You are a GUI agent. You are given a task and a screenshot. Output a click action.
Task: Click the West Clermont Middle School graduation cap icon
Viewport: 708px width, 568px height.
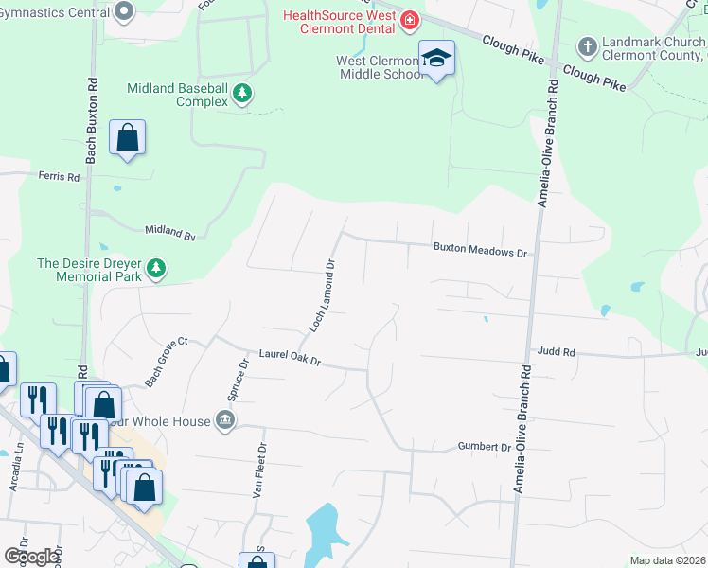click(x=436, y=58)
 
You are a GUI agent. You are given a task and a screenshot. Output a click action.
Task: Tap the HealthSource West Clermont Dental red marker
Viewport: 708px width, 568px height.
click(x=410, y=20)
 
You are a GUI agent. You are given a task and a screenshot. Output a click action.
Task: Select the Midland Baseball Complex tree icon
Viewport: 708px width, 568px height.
click(x=243, y=93)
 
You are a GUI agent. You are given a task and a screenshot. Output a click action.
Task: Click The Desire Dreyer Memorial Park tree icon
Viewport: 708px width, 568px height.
click(x=156, y=270)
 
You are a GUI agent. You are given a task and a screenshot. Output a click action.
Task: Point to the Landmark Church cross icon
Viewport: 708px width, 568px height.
click(x=587, y=45)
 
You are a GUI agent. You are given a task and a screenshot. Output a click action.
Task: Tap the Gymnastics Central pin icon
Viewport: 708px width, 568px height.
click(x=124, y=12)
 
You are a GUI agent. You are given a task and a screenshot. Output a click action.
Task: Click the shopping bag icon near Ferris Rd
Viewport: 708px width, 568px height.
click(x=127, y=138)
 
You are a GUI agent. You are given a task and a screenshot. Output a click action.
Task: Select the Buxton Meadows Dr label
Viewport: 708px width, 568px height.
click(x=479, y=252)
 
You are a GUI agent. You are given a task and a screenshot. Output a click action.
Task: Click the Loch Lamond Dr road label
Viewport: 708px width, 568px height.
click(x=323, y=295)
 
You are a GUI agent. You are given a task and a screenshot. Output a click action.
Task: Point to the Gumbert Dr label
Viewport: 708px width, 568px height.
click(x=485, y=446)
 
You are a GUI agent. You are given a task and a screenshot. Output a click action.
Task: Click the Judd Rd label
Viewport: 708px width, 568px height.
click(x=556, y=351)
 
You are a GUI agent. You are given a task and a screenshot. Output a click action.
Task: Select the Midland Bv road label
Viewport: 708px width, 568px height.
click(x=169, y=231)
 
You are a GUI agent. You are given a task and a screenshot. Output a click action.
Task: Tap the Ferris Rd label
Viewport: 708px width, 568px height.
click(x=58, y=175)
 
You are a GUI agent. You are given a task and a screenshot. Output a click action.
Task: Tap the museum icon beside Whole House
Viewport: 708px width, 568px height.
click(x=225, y=420)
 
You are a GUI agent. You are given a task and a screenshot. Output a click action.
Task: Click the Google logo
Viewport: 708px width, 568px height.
click(x=31, y=557)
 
